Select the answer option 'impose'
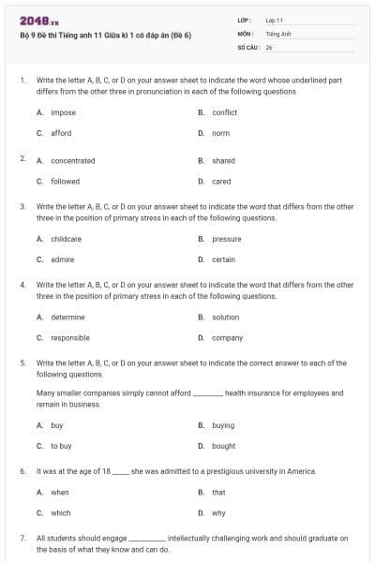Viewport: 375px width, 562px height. click(x=63, y=112)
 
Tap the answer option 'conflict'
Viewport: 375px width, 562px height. click(x=224, y=112)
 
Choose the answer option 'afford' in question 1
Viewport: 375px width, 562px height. click(x=61, y=133)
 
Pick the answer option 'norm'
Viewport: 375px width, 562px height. click(x=220, y=133)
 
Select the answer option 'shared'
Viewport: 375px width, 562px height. click(x=223, y=160)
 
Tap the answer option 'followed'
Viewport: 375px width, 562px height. click(x=65, y=181)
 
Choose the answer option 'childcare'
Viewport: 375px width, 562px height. click(x=66, y=239)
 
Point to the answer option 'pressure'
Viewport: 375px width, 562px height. click(x=226, y=239)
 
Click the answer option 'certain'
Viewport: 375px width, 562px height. click(x=223, y=259)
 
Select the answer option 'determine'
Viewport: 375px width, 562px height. click(x=67, y=317)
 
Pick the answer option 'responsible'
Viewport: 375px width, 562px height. click(x=70, y=337)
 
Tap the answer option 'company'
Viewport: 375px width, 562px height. click(x=227, y=337)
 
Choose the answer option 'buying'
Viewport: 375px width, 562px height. click(x=223, y=425)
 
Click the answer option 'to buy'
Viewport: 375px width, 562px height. click(x=61, y=446)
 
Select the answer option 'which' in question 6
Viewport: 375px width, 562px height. click(x=61, y=512)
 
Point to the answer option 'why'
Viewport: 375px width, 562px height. click(x=218, y=512)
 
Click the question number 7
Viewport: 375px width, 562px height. click(x=22, y=539)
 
